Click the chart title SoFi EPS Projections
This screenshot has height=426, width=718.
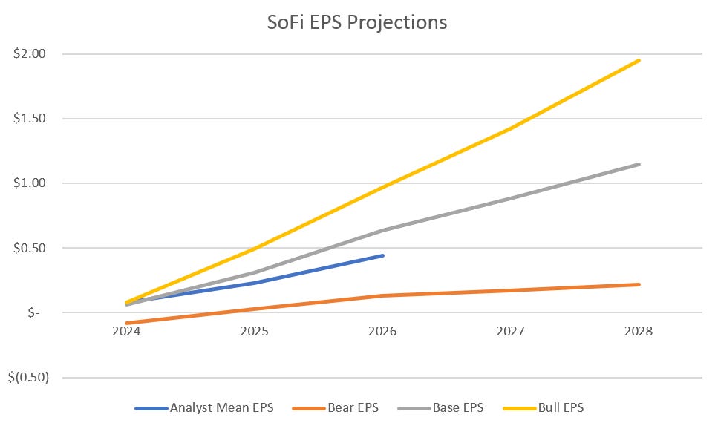click(357, 22)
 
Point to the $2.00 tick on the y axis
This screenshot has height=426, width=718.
click(30, 54)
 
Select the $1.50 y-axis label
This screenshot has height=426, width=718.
click(30, 119)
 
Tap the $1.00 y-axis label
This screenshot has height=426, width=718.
click(30, 183)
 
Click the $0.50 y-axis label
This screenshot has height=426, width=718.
click(30, 248)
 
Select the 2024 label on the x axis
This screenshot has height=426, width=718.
click(127, 331)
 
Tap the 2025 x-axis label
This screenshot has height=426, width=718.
click(255, 331)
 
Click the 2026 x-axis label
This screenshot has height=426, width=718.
click(383, 331)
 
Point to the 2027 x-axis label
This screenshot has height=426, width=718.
click(511, 331)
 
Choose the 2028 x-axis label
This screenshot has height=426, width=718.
click(639, 331)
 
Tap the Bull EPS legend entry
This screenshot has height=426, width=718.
click(552, 407)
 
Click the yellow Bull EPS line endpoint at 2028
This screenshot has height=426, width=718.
click(639, 61)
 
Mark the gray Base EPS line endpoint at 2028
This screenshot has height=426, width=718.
click(639, 164)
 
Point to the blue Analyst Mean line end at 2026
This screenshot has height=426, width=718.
click(383, 255)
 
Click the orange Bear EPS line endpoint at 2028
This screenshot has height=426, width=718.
click(639, 284)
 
